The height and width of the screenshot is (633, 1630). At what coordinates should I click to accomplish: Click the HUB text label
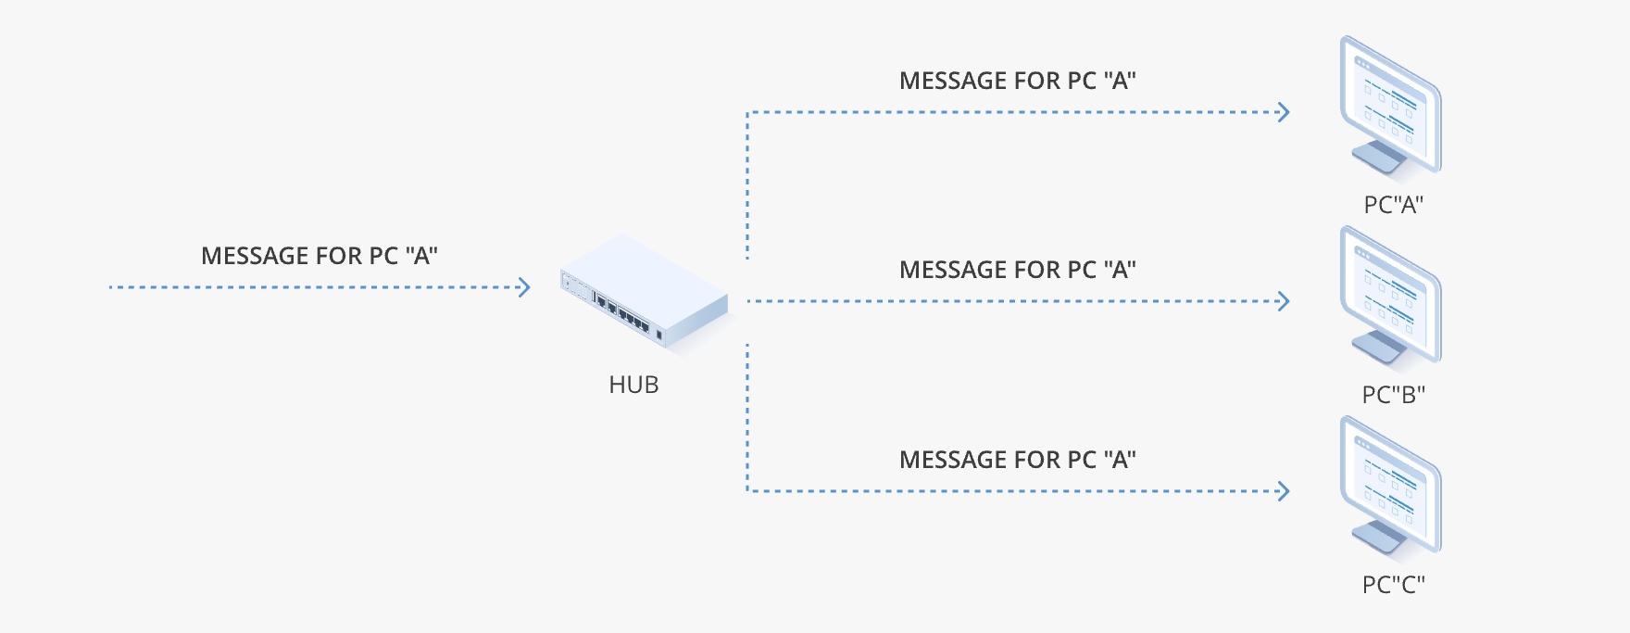(633, 385)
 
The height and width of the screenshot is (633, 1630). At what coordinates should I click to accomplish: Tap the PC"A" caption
(1393, 205)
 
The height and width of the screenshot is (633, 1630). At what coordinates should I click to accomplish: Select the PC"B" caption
(1393, 395)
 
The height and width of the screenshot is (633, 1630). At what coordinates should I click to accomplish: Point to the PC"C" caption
(1393, 585)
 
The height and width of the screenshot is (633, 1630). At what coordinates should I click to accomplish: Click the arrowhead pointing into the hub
(525, 287)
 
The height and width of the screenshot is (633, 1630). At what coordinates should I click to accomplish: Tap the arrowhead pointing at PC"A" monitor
(1285, 112)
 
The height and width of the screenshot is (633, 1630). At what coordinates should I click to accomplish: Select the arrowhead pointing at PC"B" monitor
(1285, 301)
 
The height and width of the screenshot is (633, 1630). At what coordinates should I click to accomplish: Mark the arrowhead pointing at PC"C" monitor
(1285, 491)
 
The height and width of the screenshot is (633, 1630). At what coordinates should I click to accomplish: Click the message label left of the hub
(320, 256)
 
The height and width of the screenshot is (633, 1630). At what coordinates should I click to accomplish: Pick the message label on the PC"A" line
(1017, 81)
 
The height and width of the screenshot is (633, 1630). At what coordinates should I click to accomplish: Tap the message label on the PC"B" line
(1017, 270)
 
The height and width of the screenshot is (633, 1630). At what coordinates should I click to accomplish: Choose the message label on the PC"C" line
(1017, 460)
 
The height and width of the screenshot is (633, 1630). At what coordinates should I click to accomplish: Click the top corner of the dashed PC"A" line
(747, 113)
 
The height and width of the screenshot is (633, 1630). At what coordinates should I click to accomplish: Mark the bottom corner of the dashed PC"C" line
(747, 490)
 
